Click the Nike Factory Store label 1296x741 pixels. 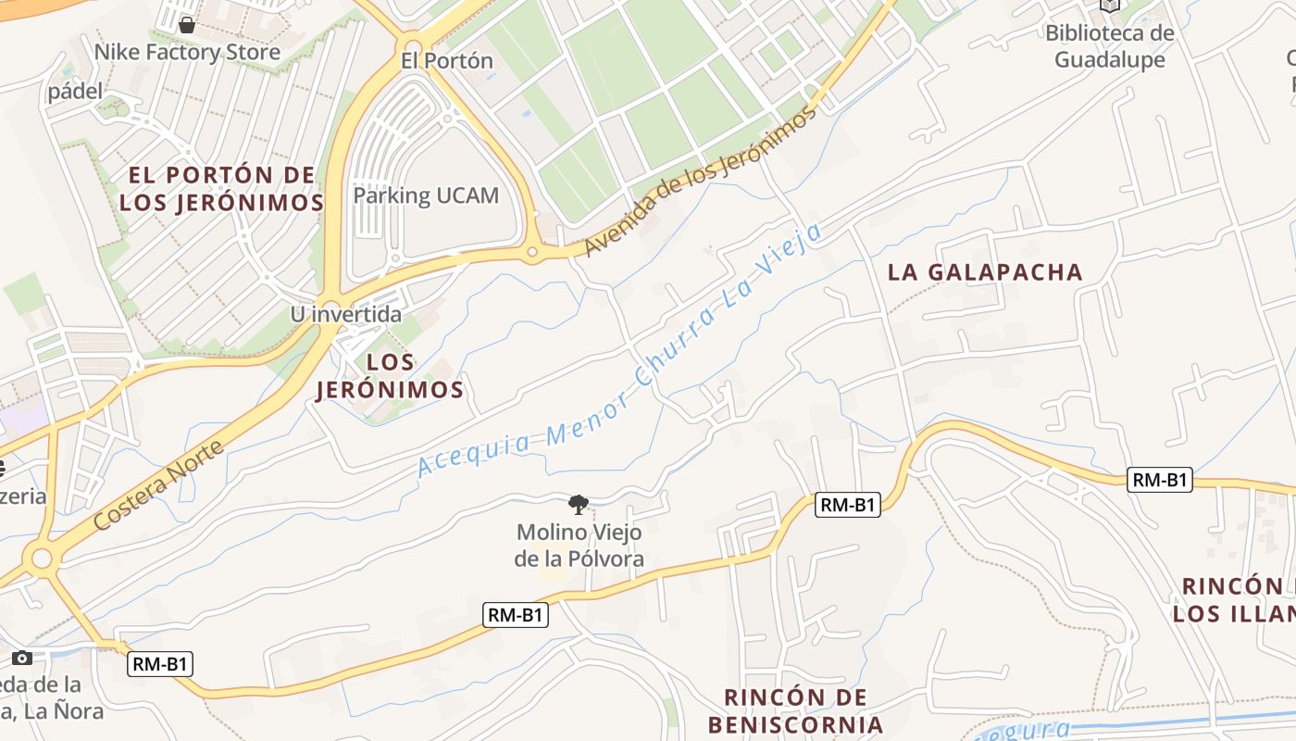pos(187,52)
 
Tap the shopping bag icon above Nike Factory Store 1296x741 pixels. pos(187,24)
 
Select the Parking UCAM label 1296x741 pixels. pos(426,195)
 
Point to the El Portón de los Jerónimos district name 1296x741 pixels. pos(221,189)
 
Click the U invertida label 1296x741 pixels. pos(346,314)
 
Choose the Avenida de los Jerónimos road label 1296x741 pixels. pos(702,181)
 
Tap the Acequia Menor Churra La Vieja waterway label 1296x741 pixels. pos(620,352)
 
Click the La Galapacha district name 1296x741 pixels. pos(985,272)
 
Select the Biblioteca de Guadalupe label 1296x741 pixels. pos(1110,46)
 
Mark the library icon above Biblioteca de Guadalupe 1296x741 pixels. pos(1110,6)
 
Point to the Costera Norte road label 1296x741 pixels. pos(159,486)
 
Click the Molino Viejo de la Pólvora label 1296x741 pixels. pos(579,546)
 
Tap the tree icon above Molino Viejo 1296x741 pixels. pos(579,505)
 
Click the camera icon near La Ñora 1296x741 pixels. pos(22,658)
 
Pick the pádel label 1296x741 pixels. pos(75,92)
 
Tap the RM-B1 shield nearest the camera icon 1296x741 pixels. pos(160,664)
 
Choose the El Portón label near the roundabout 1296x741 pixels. pos(447,61)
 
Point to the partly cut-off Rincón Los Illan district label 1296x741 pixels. pos(1235,599)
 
